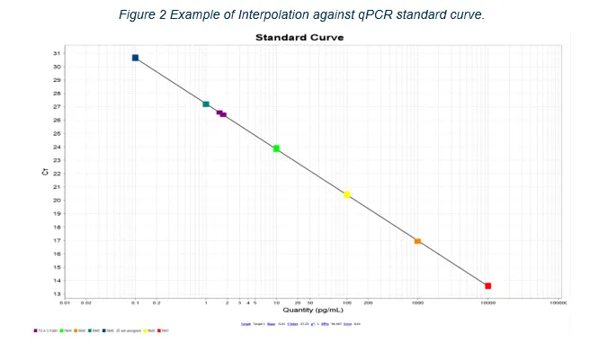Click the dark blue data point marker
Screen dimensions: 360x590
point(135,58)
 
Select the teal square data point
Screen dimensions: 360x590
point(206,104)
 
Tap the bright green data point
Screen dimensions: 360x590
point(276,148)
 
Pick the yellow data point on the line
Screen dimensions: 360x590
point(347,194)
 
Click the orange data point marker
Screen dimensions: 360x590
point(417,241)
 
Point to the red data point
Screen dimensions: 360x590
point(487,286)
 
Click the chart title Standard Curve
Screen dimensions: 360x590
point(299,37)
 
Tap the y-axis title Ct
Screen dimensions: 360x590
point(45,171)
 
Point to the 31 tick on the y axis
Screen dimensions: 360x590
point(57,53)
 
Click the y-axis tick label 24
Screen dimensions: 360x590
point(57,147)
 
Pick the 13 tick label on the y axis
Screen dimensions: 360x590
point(57,294)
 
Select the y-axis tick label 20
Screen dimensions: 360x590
point(57,201)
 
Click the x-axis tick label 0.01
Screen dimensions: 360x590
point(65,303)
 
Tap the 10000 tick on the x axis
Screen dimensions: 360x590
point(487,303)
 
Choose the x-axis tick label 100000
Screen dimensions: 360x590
point(558,303)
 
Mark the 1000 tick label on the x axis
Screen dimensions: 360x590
point(417,303)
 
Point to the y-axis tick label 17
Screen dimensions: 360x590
point(57,240)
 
